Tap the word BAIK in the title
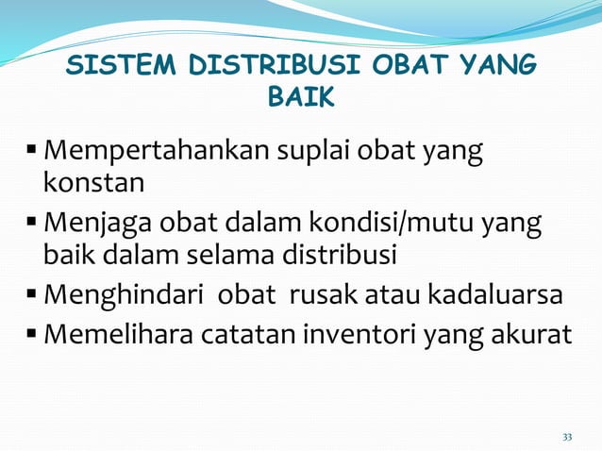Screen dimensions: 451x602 click(x=301, y=97)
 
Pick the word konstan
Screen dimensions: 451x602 click(x=92, y=180)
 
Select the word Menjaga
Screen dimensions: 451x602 click(x=102, y=225)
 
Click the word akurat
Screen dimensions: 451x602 click(x=531, y=336)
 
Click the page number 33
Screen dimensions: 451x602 click(x=567, y=437)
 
